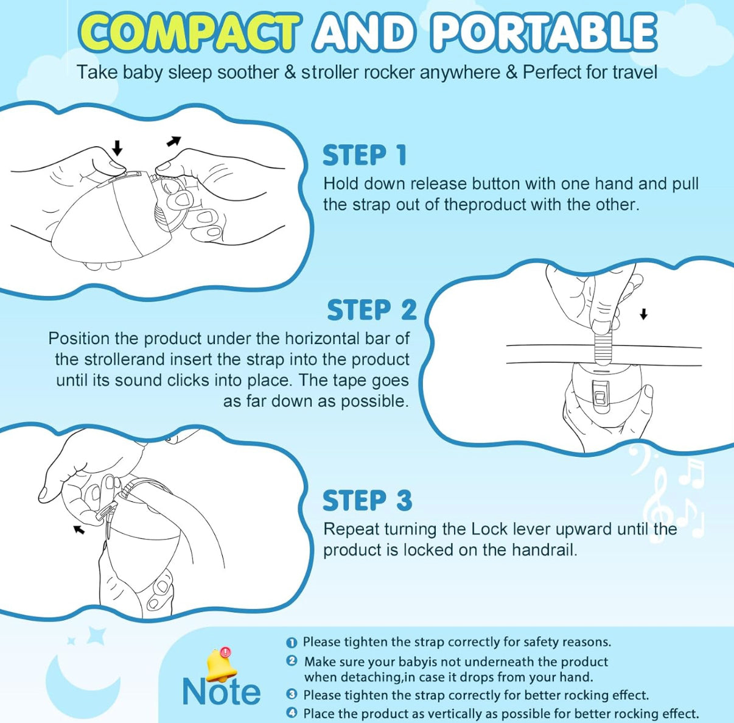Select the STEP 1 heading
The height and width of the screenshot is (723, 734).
tap(365, 155)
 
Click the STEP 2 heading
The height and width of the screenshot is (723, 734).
tap(372, 309)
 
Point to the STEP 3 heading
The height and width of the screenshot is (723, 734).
tap(367, 500)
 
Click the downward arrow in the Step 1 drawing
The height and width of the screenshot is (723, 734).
tap(117, 147)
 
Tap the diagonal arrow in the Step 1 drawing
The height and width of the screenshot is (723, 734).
tap(173, 141)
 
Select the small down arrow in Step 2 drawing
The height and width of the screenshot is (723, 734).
tap(644, 314)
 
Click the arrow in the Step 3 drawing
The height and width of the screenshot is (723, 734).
tap(79, 529)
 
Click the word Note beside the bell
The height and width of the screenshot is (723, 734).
tap(221, 692)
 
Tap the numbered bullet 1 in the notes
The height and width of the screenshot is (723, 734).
tap(292, 643)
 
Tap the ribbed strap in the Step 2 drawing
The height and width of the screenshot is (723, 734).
tap(603, 345)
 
